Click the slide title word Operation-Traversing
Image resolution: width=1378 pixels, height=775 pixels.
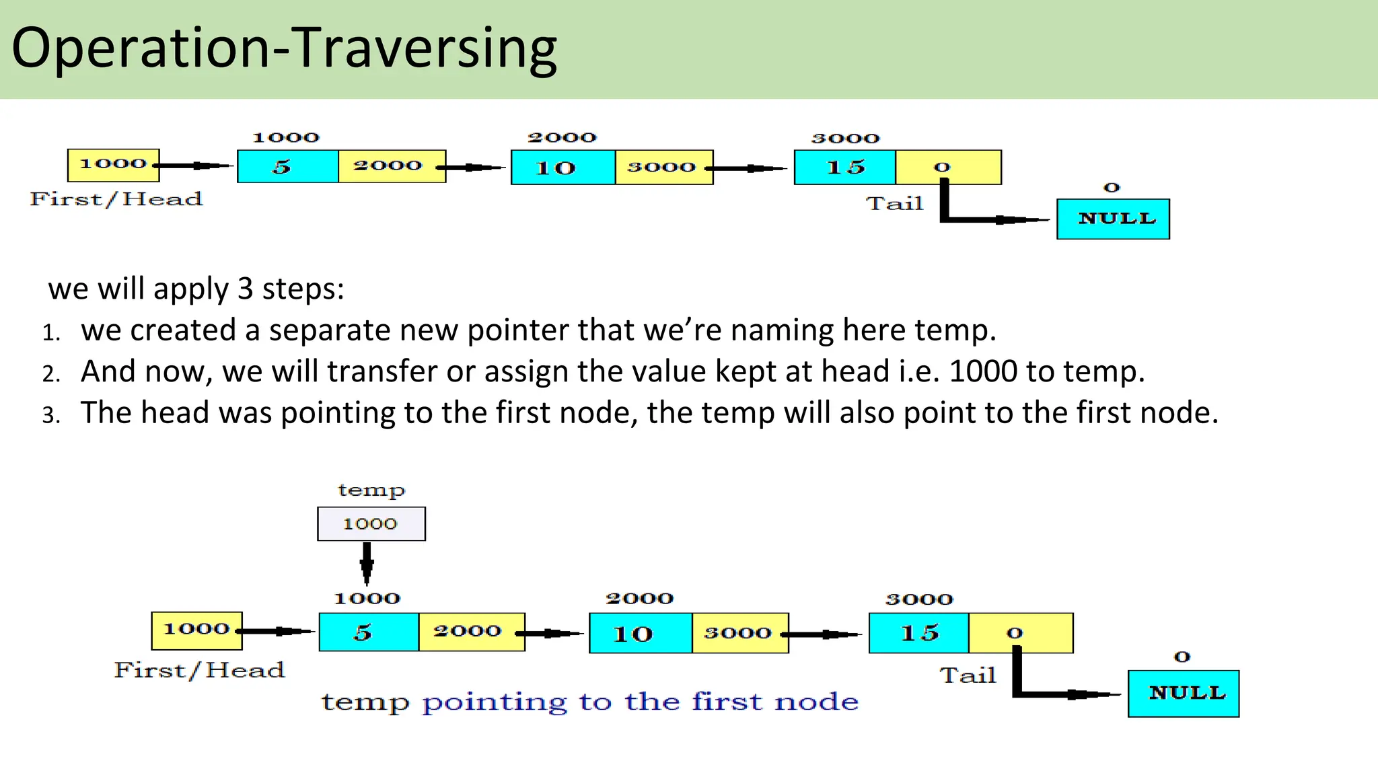[284, 48]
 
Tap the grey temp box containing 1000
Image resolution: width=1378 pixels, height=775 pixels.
[371, 523]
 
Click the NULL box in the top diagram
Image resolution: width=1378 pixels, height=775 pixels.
[1113, 219]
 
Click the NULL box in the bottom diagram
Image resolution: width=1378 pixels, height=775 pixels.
[1184, 693]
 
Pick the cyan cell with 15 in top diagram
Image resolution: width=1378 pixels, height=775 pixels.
[844, 167]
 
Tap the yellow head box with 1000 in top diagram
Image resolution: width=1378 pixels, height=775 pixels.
[113, 165]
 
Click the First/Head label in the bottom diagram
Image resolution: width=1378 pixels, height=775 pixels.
[199, 670]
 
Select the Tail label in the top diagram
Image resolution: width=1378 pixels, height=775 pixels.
[894, 203]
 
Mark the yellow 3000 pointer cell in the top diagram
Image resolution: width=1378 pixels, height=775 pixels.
[663, 167]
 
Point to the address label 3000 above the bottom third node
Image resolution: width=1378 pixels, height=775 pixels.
[919, 599]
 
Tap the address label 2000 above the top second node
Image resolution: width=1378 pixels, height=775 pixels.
[562, 137]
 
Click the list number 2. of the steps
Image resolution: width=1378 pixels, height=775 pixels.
[51, 373]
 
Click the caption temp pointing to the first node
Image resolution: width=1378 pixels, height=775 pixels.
[589, 702]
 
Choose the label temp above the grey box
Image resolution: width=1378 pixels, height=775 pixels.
[371, 490]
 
